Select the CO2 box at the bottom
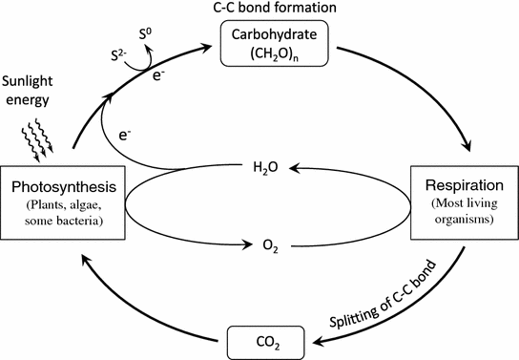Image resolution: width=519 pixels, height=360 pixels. [270, 340]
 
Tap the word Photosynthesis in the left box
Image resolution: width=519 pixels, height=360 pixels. [62, 187]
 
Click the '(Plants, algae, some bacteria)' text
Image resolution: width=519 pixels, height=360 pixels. [62, 215]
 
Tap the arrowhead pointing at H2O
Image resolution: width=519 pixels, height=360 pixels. [292, 168]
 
